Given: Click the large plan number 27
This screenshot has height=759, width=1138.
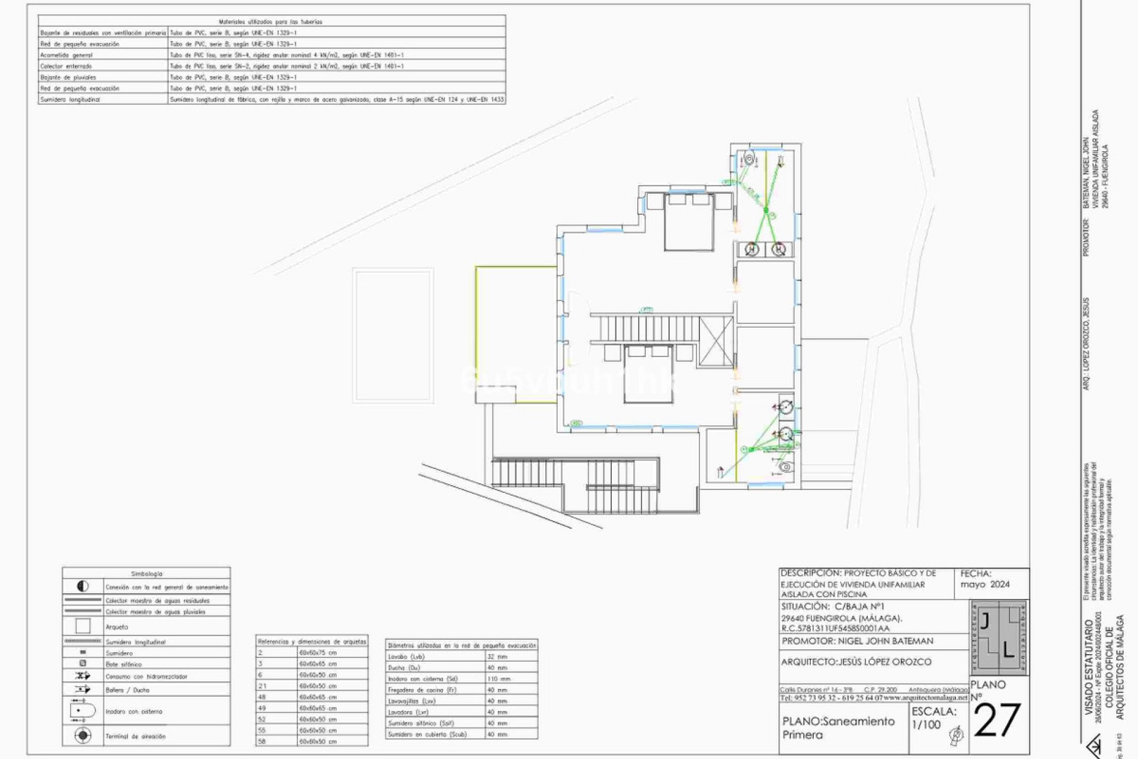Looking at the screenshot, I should tap(997, 721).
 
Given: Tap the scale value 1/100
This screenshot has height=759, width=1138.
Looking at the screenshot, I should tap(925, 724).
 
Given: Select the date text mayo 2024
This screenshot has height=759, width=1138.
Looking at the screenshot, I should tap(985, 584).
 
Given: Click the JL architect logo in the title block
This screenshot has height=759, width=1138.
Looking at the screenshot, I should tap(999, 637).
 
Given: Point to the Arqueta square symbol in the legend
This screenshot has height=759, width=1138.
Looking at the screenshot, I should tap(83, 626).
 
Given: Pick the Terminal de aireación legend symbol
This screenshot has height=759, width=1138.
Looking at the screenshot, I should tap(83, 736).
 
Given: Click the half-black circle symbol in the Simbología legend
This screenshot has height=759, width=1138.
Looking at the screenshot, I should tap(83, 586).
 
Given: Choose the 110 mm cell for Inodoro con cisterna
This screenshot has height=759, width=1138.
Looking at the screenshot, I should tap(498, 678).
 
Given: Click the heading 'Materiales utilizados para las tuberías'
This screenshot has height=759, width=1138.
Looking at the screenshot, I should tap(270, 21).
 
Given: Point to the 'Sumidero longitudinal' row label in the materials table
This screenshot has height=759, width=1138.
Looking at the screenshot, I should tap(70, 100).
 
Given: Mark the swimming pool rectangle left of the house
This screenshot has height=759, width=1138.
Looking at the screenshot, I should tap(393, 336).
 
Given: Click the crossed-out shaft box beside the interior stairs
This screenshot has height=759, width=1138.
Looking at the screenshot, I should tap(715, 343).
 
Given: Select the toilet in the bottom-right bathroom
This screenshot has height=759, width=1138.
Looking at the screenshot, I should tap(785, 467).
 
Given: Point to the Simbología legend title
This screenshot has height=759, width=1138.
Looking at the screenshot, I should tap(146, 574).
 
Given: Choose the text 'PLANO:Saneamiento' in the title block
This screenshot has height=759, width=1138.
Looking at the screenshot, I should tap(838, 722).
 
